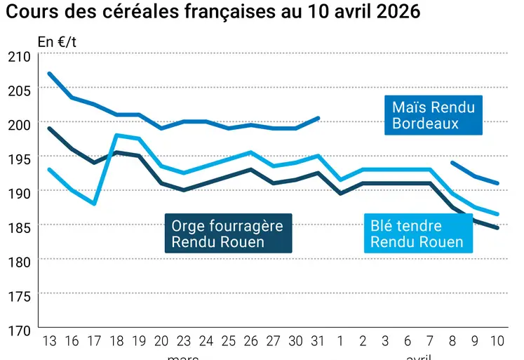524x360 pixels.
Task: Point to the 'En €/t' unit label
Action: [58, 41]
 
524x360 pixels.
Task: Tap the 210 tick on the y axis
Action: [19, 55]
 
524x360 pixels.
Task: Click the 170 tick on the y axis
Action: [19, 328]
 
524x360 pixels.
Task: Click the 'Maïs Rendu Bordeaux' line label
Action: [434, 116]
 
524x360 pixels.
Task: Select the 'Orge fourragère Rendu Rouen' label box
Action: [228, 234]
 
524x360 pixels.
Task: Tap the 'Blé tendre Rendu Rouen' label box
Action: [417, 234]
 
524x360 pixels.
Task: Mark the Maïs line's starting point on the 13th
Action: [49, 73]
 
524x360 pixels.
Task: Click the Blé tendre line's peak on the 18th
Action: [116, 135]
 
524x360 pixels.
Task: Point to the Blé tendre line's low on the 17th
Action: [94, 204]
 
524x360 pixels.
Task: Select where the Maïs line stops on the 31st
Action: [318, 118]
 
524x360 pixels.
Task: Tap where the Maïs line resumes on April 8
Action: [453, 163]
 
